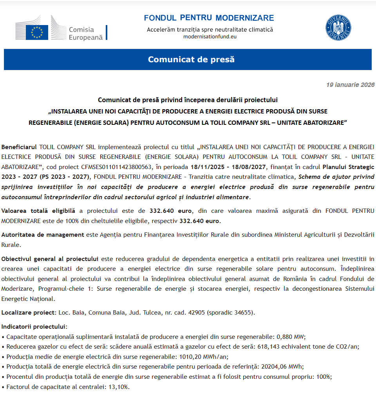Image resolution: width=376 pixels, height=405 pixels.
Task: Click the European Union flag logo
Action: click(x=37, y=32)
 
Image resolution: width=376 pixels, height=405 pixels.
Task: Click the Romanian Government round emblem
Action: click(x=338, y=28)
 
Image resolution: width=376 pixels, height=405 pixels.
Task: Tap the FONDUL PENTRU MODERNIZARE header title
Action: click(x=209, y=18)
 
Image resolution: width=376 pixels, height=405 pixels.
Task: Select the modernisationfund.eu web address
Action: click(x=210, y=36)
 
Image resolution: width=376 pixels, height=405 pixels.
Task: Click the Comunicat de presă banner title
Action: click(x=191, y=59)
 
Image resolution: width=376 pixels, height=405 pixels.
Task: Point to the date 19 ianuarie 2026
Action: click(x=350, y=85)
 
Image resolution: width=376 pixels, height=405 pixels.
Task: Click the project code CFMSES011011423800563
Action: click(x=110, y=167)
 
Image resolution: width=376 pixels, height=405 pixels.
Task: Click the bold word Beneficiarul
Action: click(x=19, y=147)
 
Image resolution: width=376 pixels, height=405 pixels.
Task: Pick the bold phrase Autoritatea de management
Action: click(x=43, y=235)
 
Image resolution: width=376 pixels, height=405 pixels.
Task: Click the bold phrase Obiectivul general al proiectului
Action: click(x=50, y=259)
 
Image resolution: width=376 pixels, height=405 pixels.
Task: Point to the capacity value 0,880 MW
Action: click(x=291, y=336)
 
